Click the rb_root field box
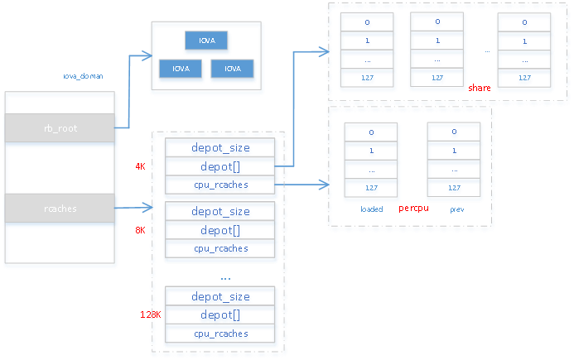60,128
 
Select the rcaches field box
60,209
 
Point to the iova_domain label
83,76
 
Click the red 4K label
140,166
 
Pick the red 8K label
140,231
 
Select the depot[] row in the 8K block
220,231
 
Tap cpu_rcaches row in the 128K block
220,335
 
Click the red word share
480,87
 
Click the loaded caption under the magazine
372,209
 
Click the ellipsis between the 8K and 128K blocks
224,277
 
